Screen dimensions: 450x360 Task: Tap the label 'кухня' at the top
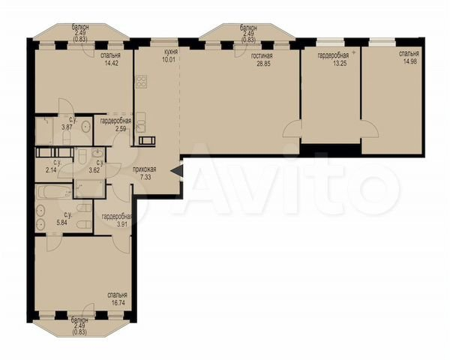[x=171, y=52]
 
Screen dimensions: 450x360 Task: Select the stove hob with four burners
[x=142, y=81]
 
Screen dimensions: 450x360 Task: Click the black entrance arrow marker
[x=176, y=172]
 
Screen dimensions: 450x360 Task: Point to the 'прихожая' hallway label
[x=144, y=169]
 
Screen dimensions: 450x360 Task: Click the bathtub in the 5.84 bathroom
[x=54, y=191]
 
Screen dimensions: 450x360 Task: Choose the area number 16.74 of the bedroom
[x=118, y=302]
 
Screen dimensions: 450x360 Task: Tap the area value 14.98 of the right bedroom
[x=409, y=61]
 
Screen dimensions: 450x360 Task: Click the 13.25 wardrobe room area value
[x=340, y=64]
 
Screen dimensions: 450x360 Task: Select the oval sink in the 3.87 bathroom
[x=85, y=126]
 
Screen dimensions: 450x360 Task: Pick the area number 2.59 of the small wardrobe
[x=121, y=128]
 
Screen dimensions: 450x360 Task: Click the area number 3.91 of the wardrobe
[x=122, y=224]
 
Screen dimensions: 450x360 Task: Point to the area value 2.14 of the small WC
[x=52, y=170]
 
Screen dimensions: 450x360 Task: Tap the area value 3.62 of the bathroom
[x=94, y=170]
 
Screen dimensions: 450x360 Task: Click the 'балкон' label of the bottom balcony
[x=80, y=320]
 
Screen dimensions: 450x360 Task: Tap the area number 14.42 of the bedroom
[x=111, y=63]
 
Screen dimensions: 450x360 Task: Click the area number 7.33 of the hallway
[x=145, y=177]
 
